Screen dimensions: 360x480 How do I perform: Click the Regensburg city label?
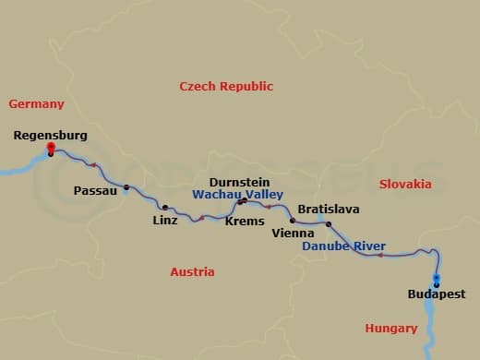tap(50, 136)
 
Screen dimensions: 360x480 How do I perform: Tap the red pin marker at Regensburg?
tap(51, 147)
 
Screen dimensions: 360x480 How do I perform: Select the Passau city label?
tap(95, 191)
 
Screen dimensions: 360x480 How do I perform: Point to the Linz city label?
tap(166, 221)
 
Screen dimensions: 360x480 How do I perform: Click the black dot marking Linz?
tap(165, 208)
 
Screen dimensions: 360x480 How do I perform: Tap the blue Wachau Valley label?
tap(237, 196)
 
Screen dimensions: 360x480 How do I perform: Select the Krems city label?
tap(245, 221)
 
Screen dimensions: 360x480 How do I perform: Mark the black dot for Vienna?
tap(293, 221)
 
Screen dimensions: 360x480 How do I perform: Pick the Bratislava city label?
tap(328, 210)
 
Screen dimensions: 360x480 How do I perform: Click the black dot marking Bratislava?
tap(329, 223)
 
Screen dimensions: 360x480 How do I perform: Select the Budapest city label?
tap(436, 294)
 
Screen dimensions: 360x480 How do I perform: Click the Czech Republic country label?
tap(226, 87)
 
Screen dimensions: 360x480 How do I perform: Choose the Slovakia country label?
tap(405, 185)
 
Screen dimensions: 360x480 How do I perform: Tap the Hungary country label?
tap(391, 328)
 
